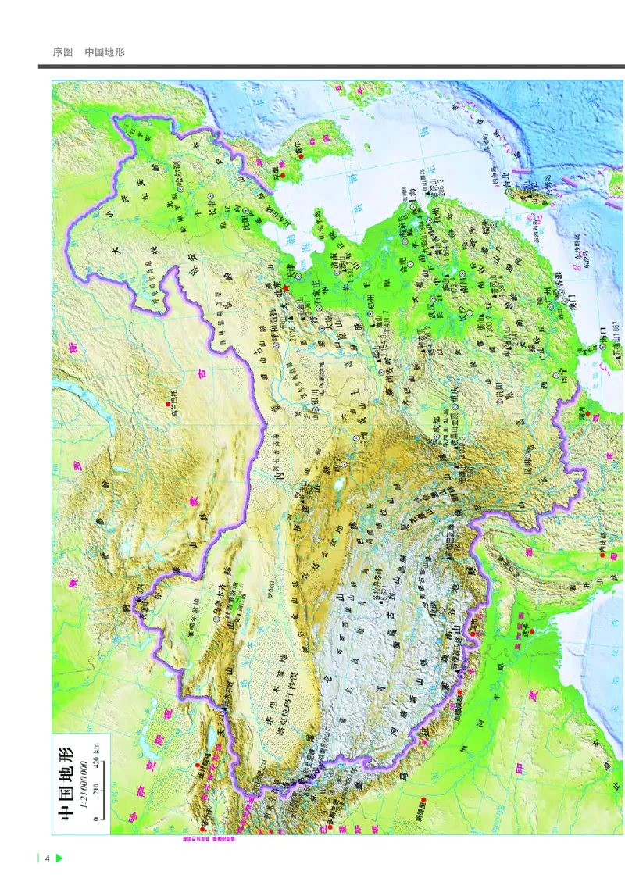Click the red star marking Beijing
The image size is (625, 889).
(x=287, y=288)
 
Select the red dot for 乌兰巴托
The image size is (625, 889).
(x=166, y=403)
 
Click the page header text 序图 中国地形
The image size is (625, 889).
(x=87, y=52)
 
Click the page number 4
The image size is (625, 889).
(x=48, y=859)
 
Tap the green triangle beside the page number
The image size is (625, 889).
(x=59, y=859)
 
